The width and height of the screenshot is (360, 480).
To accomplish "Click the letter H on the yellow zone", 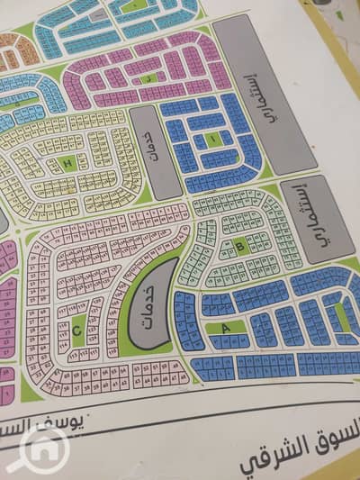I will [68, 163].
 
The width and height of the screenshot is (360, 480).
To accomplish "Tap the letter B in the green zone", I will [239, 245].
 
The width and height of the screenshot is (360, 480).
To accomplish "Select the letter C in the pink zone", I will [77, 330].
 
